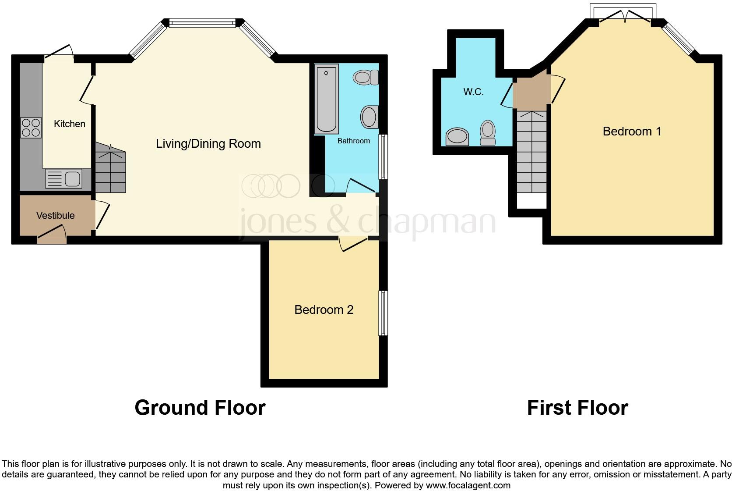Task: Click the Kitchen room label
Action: point(69,124)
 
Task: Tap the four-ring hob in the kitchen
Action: point(31,128)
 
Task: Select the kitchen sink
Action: point(63,179)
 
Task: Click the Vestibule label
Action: point(55,216)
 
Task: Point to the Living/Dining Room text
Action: point(208,144)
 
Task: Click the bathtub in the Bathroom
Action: point(326,99)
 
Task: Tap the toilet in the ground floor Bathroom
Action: point(366,78)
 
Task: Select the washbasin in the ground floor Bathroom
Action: point(370,117)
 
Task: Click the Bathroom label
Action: point(353,141)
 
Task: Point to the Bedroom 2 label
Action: point(324,310)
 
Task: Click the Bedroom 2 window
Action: point(383,313)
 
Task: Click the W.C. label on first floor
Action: point(473,92)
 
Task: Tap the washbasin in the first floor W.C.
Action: point(457,136)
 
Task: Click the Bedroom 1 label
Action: point(632,132)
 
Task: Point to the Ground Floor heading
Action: point(200,408)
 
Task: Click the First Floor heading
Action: point(577,408)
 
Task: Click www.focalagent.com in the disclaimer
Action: point(468,485)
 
